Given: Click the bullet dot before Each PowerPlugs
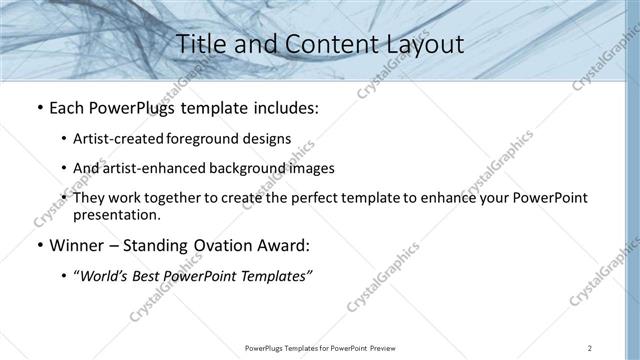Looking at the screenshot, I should [x=38, y=107].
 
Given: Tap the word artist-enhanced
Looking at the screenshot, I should [x=154, y=168].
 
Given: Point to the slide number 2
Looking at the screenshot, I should [x=590, y=347].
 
